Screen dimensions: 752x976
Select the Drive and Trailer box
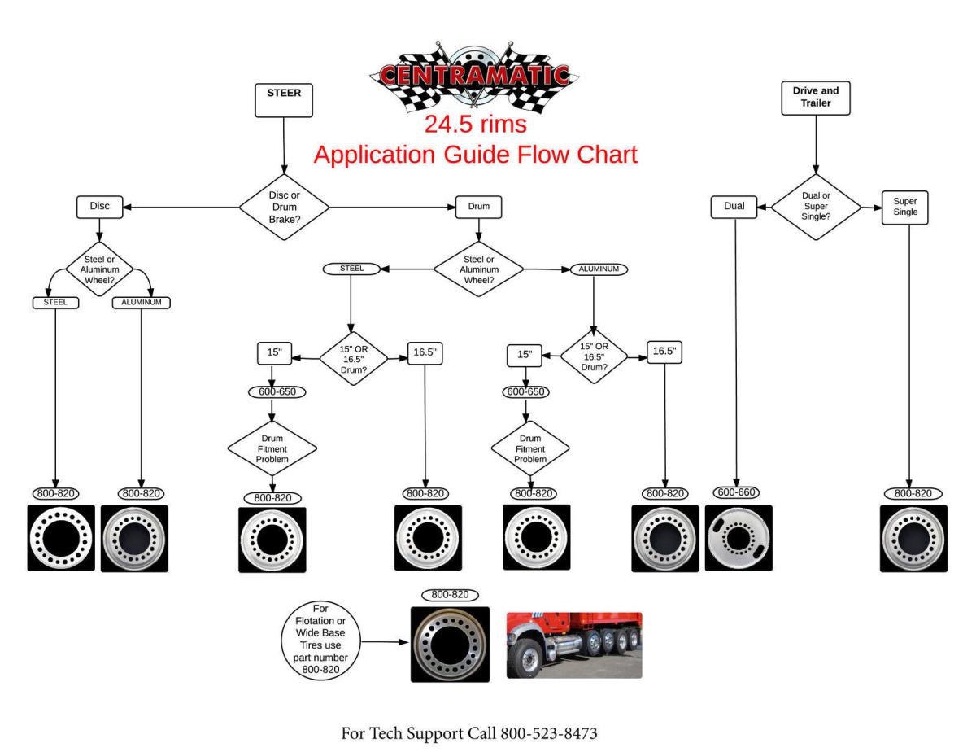(x=814, y=98)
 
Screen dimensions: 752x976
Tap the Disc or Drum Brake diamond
(x=284, y=207)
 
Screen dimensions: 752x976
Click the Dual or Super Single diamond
(x=814, y=208)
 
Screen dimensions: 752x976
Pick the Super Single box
(x=904, y=208)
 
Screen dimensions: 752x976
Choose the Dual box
(x=734, y=208)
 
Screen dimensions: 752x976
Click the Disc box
(x=99, y=207)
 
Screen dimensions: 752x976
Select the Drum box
(x=479, y=207)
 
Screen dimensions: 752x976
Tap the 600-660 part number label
(x=737, y=492)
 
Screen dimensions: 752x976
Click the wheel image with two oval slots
(x=738, y=537)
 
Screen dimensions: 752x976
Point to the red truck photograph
(x=574, y=645)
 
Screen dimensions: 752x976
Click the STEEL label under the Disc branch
(x=54, y=303)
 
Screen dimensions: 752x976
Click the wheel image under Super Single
(x=913, y=538)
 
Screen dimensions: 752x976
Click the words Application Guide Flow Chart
(x=475, y=155)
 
